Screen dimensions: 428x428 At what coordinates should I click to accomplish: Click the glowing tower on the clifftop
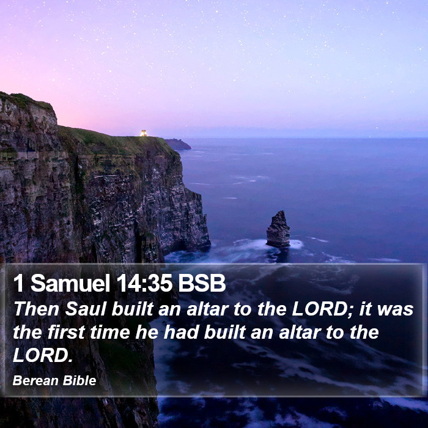click(x=144, y=133)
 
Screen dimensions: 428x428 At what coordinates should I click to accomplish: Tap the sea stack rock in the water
click(x=278, y=229)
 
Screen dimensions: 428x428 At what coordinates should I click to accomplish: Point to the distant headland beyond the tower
click(x=178, y=144)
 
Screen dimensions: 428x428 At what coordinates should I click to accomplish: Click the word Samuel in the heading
click(x=70, y=283)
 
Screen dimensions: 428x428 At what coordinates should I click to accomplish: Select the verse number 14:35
click(x=144, y=283)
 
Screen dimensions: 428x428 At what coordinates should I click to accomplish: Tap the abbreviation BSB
click(x=202, y=283)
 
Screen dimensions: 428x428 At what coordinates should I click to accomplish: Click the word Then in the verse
click(x=36, y=309)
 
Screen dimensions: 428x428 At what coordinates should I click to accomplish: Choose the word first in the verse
click(x=66, y=332)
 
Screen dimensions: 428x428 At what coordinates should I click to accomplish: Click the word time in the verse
click(x=109, y=332)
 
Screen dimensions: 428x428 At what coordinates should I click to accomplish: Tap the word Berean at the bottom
click(x=35, y=380)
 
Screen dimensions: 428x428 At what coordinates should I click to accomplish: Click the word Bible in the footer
click(x=79, y=380)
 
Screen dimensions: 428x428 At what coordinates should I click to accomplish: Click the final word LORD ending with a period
click(x=43, y=355)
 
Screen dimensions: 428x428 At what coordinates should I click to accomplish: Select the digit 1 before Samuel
click(x=18, y=283)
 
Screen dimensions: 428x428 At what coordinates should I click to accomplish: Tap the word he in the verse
click(x=147, y=332)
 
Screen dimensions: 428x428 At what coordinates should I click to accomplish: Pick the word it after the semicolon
click(x=364, y=309)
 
